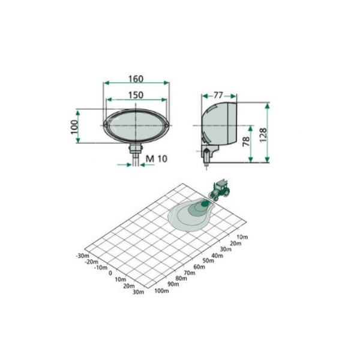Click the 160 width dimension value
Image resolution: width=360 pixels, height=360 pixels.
pyautogui.click(x=136, y=79)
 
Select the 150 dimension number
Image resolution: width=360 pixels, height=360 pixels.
pyautogui.click(x=136, y=94)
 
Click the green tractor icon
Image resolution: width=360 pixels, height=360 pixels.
pyautogui.click(x=220, y=190)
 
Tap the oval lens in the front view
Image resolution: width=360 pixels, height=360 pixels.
pyautogui.click(x=136, y=125)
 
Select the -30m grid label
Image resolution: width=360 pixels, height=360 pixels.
pyautogui.click(x=82, y=255)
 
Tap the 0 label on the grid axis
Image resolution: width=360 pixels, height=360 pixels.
pyautogui.click(x=110, y=273)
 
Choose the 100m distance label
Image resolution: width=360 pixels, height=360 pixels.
pyautogui.click(x=161, y=291)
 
